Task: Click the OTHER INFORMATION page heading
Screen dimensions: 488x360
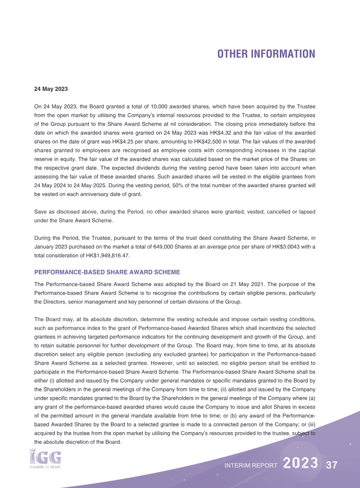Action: tap(266, 54)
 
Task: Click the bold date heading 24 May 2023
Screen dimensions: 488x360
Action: tap(51, 89)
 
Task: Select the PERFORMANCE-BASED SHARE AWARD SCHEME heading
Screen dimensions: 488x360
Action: tap(107, 272)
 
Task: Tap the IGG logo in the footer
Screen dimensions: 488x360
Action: tap(45, 457)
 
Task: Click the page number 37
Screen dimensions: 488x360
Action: tap(332, 465)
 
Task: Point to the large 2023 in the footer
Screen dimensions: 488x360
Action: tap(301, 464)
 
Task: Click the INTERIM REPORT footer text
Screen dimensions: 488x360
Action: tap(251, 466)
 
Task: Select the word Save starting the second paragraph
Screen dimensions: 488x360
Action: tap(40, 212)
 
